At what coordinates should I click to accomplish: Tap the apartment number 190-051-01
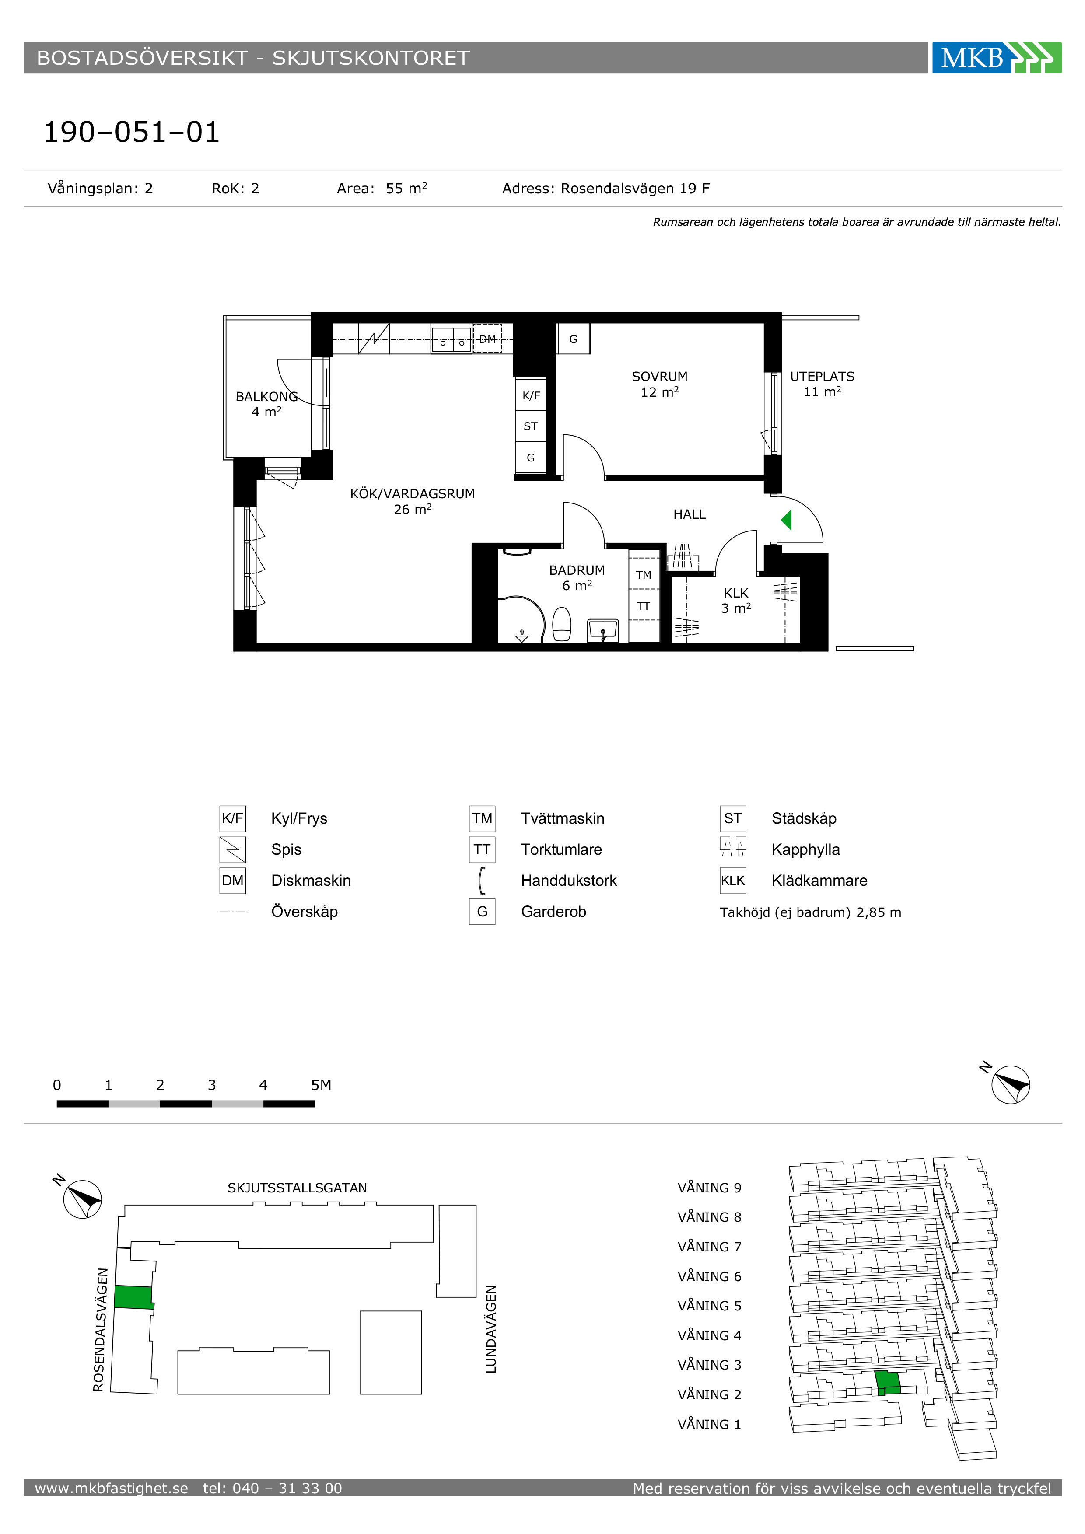[132, 132]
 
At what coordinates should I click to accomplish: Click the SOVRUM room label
[659, 377]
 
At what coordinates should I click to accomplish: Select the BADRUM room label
[577, 570]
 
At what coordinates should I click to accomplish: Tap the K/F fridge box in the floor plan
[531, 395]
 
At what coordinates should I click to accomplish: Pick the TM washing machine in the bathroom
[644, 574]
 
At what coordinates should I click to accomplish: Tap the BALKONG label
[266, 396]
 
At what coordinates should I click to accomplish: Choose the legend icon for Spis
[232, 849]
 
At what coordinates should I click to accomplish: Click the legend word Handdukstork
[569, 881]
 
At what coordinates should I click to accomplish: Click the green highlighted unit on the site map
[133, 1297]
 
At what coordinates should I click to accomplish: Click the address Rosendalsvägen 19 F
[635, 189]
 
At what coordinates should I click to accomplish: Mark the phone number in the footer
[273, 1488]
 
